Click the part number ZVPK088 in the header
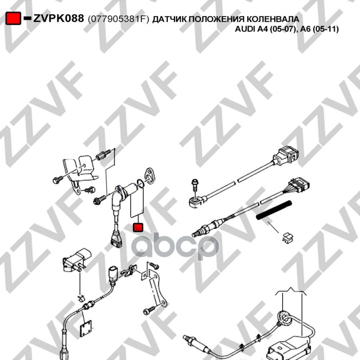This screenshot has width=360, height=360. (58, 18)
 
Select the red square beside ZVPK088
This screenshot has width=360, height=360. (13, 18)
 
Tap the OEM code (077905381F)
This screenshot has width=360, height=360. (118, 19)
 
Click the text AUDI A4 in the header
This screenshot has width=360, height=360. (252, 29)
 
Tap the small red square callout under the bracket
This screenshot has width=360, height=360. (138, 227)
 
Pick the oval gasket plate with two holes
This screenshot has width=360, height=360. (149, 175)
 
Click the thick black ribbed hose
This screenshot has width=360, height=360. (274, 210)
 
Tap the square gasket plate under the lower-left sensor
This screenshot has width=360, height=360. (86, 328)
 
